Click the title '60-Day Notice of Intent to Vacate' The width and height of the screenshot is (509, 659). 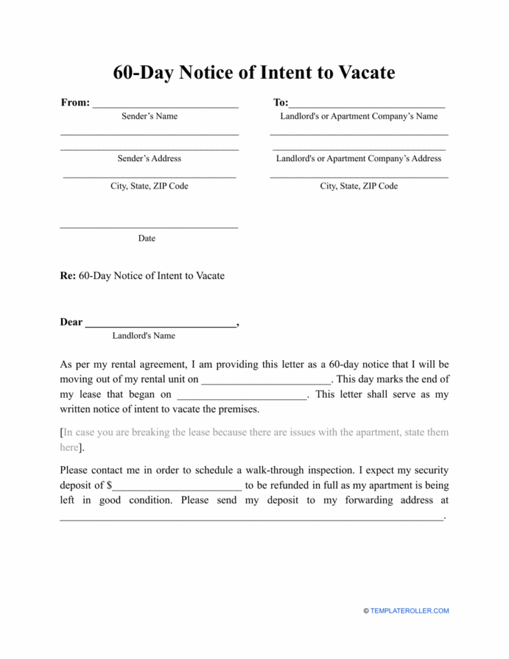pyautogui.click(x=254, y=72)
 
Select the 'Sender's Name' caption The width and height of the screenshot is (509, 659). pyautogui.click(x=149, y=117)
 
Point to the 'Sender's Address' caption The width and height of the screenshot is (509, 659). pyautogui.click(x=149, y=158)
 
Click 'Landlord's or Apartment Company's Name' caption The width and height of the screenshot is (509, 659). pyautogui.click(x=359, y=117)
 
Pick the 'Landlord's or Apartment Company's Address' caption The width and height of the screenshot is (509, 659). pyautogui.click(x=359, y=158)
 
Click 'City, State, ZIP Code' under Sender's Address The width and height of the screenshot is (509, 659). pyautogui.click(x=149, y=186)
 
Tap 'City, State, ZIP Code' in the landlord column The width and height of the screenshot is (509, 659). pyautogui.click(x=359, y=186)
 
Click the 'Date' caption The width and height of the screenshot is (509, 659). pyautogui.click(x=146, y=239)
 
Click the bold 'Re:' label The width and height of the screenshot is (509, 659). pyautogui.click(x=68, y=275)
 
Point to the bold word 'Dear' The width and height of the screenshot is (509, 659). pyautogui.click(x=71, y=322)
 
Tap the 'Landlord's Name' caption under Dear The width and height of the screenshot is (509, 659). pyautogui.click(x=143, y=336)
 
